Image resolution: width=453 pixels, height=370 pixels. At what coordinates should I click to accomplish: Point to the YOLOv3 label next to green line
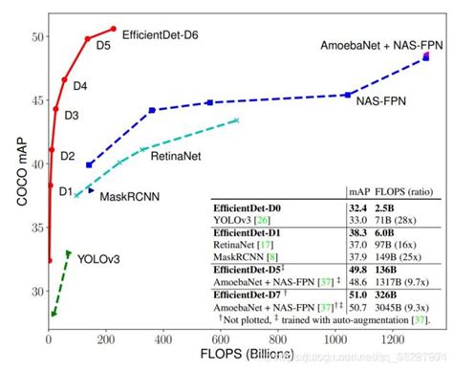coord(98,258)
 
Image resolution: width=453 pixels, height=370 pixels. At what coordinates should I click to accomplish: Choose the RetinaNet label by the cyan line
coord(174,154)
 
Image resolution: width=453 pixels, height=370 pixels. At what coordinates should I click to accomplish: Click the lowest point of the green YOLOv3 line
coord(54,314)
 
